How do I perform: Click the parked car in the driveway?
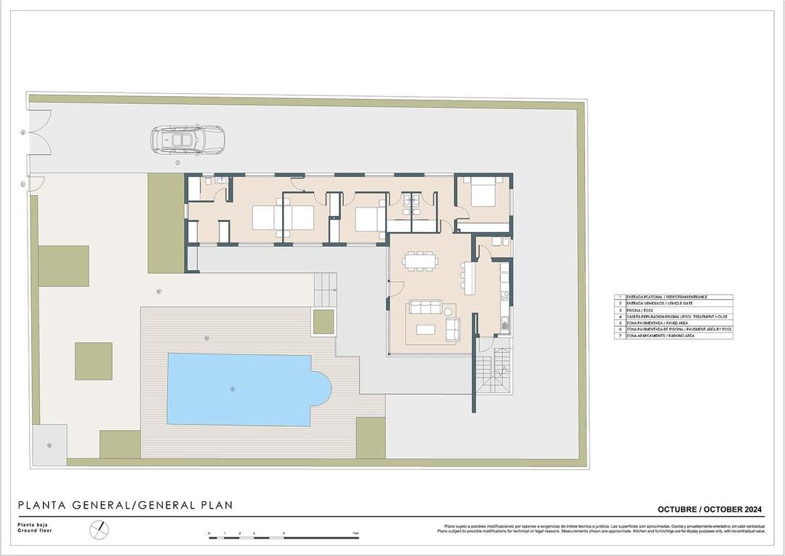pos(188,139)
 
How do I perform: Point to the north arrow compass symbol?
pos(98,531)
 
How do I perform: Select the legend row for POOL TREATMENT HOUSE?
pos(673,317)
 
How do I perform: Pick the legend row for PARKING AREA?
pos(673,336)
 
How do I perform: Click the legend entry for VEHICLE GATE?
pos(673,303)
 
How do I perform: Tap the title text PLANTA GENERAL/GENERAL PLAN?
pos(125,505)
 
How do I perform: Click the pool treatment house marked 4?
pos(49,444)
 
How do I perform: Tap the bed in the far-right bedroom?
pos(482,193)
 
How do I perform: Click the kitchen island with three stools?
pos(471,279)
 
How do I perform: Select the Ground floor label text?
pos(35,531)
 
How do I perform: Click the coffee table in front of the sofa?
pos(425,329)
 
